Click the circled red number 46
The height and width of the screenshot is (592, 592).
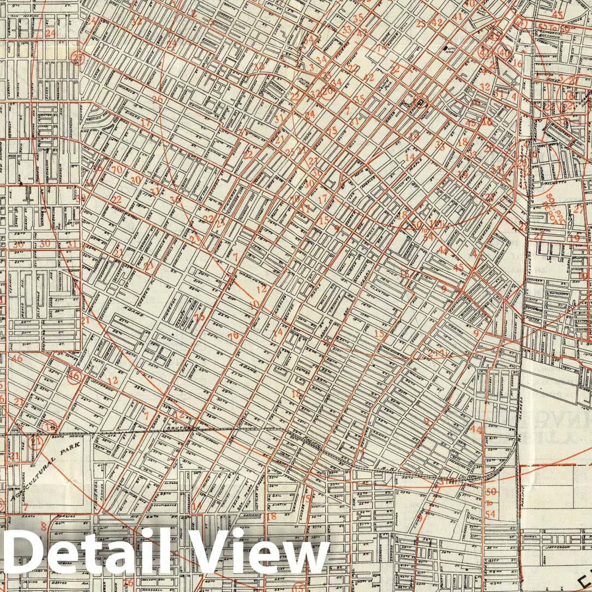pos(74,376)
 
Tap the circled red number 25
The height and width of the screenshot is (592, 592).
pos(79,58)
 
